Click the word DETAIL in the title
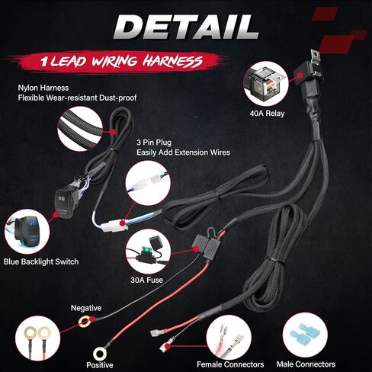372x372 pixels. click(186, 27)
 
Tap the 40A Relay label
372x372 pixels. click(267, 114)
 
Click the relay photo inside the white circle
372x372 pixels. click(266, 84)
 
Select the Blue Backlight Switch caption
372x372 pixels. click(41, 261)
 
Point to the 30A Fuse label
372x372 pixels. click(146, 280)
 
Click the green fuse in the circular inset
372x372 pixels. click(145, 253)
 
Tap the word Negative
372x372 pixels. click(86, 308)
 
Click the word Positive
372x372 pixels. click(100, 365)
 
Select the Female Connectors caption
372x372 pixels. click(230, 364)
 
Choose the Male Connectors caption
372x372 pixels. click(306, 364)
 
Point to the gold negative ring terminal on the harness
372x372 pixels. click(85, 322)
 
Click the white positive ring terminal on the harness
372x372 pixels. click(100, 354)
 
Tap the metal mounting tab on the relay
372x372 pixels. click(315, 57)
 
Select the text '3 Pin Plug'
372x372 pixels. click(154, 143)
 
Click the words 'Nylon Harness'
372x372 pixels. click(43, 88)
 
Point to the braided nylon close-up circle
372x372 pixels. click(80, 129)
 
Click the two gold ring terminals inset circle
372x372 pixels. click(37, 338)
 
